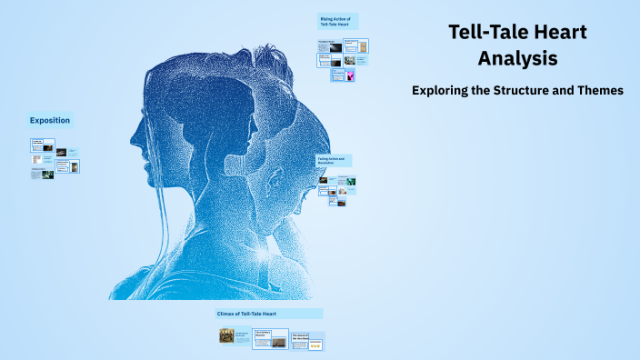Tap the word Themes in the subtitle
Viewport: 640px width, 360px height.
(x=595, y=90)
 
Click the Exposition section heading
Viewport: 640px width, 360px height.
(x=49, y=120)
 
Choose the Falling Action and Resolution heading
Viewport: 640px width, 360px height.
(x=334, y=160)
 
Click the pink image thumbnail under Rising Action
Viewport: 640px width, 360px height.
(x=350, y=75)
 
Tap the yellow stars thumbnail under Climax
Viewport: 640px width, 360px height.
(x=315, y=345)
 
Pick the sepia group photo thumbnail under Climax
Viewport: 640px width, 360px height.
(x=226, y=336)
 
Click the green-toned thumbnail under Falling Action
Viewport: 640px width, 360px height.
(x=349, y=181)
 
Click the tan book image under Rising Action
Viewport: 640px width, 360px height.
(x=362, y=45)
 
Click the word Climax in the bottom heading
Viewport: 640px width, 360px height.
(x=227, y=314)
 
